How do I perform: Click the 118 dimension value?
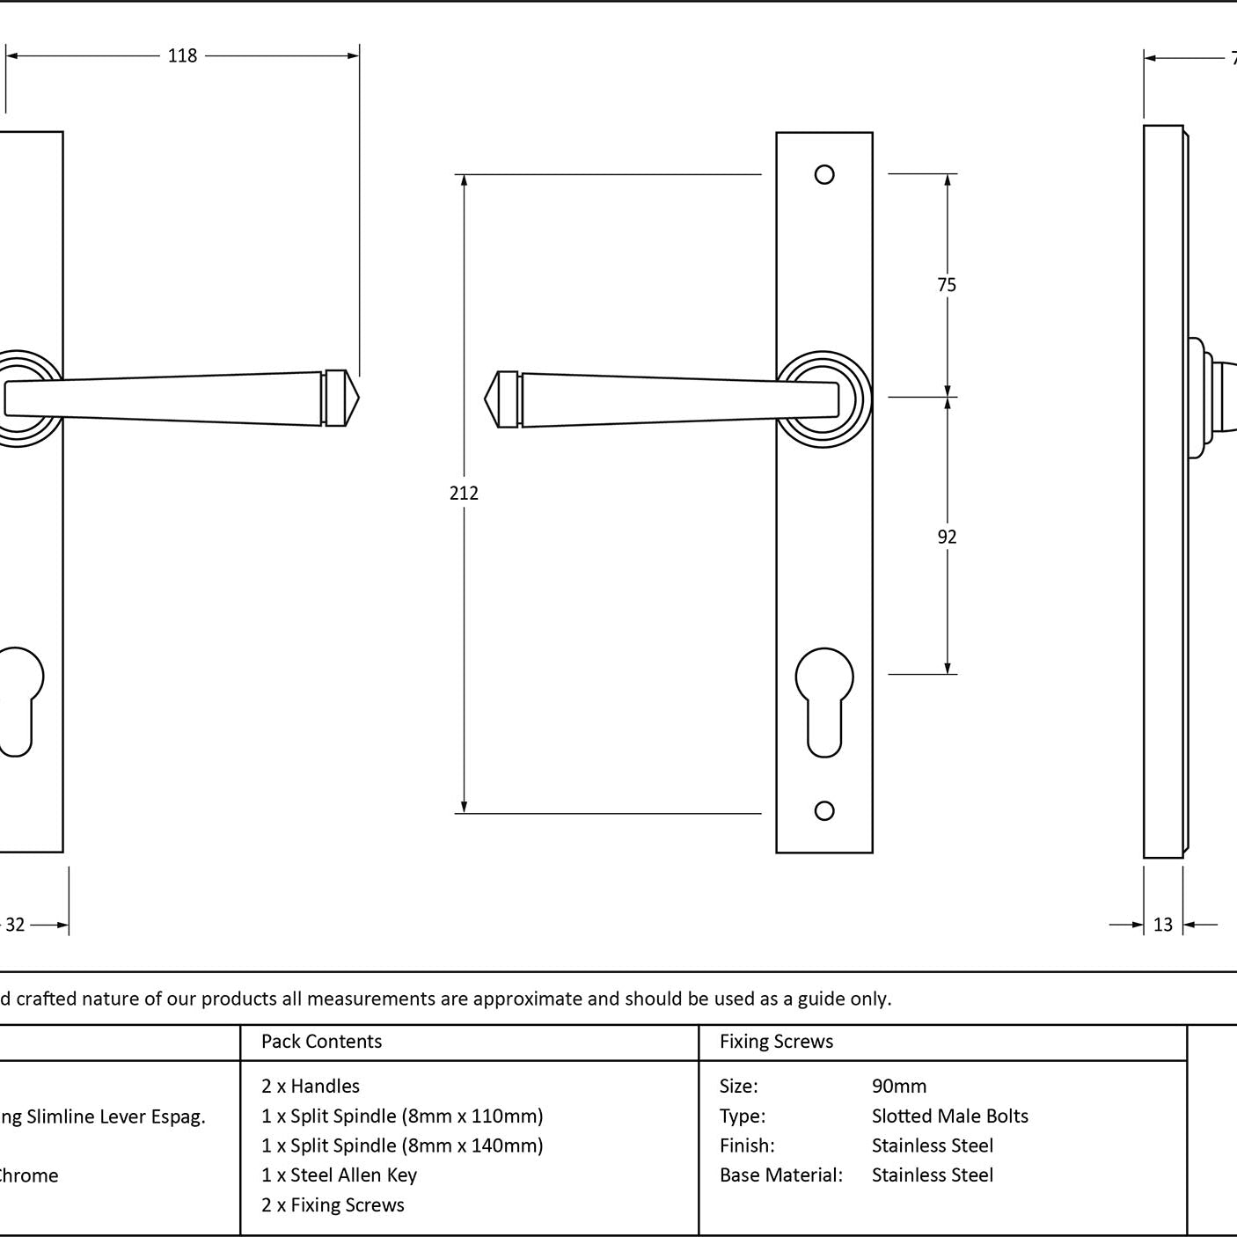click(x=182, y=56)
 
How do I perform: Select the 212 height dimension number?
click(x=464, y=494)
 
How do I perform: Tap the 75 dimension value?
click(x=947, y=285)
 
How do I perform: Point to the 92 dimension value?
click(x=947, y=537)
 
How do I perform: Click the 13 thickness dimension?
click(x=1163, y=925)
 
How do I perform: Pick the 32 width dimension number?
click(x=15, y=925)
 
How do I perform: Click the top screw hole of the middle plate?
click(x=824, y=175)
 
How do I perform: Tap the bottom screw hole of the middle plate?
click(x=824, y=810)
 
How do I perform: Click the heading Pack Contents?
click(x=321, y=1042)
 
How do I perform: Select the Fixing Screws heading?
click(x=776, y=1042)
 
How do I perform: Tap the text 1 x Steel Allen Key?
click(x=339, y=1175)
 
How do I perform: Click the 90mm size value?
click(x=898, y=1087)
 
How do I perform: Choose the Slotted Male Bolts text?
click(x=949, y=1116)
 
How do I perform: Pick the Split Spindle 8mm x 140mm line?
click(x=402, y=1146)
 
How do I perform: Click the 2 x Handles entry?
click(x=311, y=1087)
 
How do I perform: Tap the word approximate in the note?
click(x=527, y=999)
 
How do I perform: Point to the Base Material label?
click(x=780, y=1175)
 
